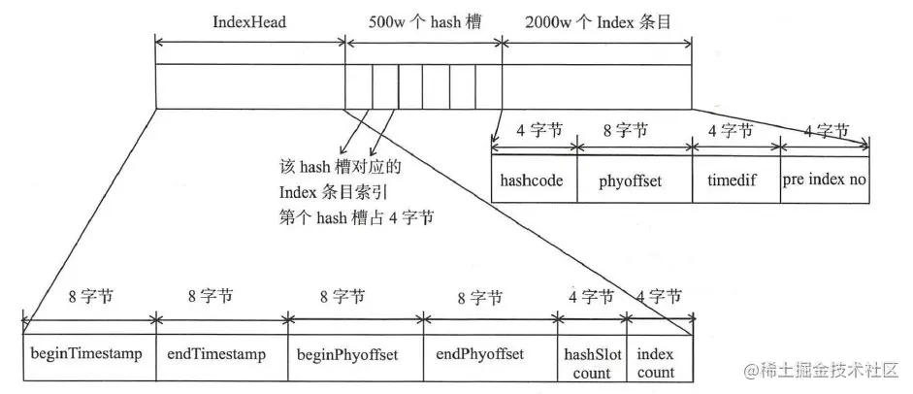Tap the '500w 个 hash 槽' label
tap(423, 19)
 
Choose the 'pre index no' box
tap(825, 179)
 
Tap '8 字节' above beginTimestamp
tap(89, 298)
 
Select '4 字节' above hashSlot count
tap(591, 298)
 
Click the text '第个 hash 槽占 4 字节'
tap(355, 219)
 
